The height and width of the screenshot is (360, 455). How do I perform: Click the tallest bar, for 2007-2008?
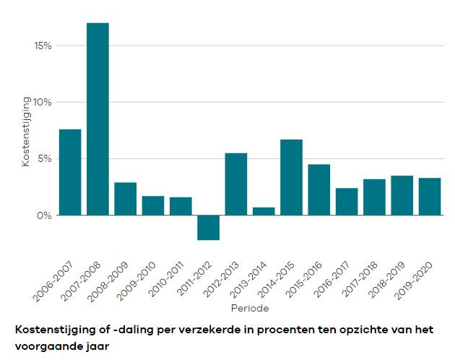point(97,119)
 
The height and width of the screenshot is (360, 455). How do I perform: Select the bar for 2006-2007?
point(70,172)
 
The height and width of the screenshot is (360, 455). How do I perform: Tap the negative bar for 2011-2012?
point(209,227)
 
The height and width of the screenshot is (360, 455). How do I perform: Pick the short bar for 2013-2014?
point(264,211)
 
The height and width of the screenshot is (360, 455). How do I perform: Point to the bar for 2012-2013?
point(236,184)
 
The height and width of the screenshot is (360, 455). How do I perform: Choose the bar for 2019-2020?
point(430,196)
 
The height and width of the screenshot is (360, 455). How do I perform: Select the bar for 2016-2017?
point(347,201)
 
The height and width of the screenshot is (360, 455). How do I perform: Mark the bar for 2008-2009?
point(126,199)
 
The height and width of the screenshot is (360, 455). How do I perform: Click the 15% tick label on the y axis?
point(43,46)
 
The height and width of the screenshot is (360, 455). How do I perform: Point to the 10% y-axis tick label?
point(43,102)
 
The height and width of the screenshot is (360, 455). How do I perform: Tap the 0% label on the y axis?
point(45,215)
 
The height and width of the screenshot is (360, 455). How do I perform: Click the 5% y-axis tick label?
point(45,159)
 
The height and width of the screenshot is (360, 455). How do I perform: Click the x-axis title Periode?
point(250,309)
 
